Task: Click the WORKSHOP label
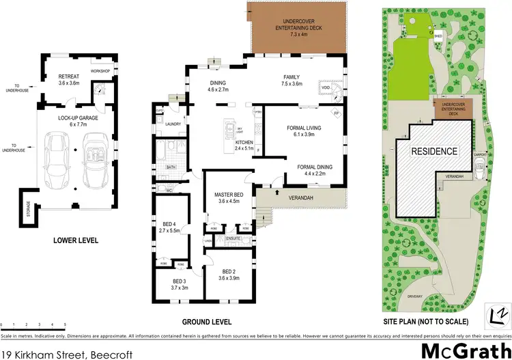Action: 101,71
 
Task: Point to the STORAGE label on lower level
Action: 28,206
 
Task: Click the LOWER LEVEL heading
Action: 76,240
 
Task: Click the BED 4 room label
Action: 170,224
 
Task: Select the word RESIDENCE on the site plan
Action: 434,150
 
